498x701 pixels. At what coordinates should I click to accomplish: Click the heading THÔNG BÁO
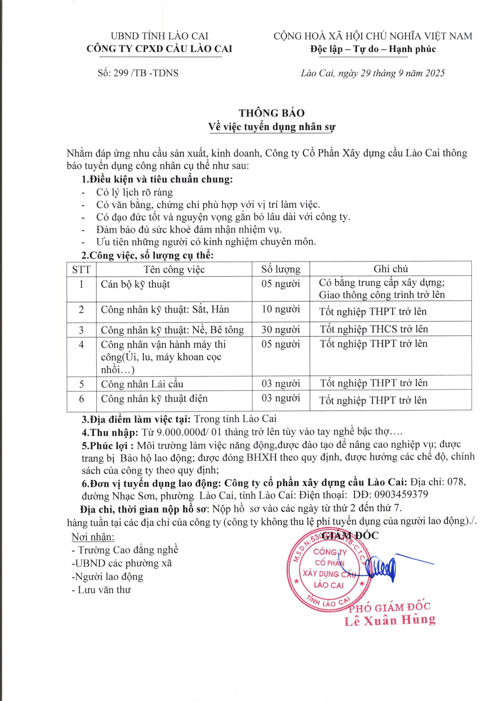[x=271, y=113]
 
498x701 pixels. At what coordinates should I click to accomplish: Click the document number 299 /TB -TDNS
[x=145, y=73]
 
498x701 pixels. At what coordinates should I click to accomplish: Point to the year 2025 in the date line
[x=434, y=73]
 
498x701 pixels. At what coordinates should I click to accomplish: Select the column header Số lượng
[x=281, y=269]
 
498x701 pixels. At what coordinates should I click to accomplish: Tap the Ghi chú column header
[x=390, y=269]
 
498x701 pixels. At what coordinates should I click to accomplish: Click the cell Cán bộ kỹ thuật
[x=135, y=284]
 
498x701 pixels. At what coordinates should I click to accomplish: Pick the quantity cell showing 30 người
[x=281, y=329]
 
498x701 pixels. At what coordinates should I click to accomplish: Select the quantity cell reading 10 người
[x=281, y=309]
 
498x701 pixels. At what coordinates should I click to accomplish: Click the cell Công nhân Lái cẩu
[x=142, y=384]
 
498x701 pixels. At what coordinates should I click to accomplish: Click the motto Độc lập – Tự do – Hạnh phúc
[x=373, y=49]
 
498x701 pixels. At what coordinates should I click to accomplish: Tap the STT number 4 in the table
[x=81, y=344]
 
